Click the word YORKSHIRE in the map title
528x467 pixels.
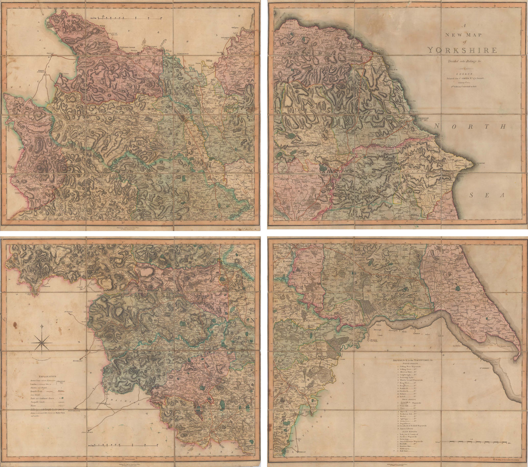point(462,50)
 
